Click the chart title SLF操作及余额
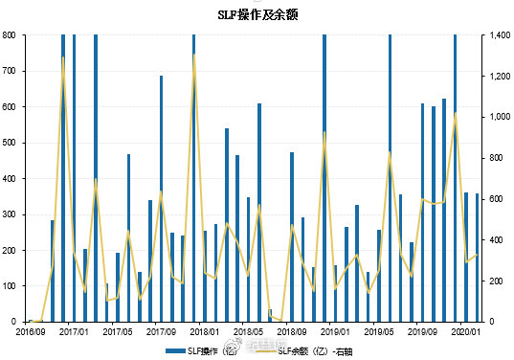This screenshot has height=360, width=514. (x=257, y=14)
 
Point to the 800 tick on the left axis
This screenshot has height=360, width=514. (x=9, y=35)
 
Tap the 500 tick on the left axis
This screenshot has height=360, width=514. (x=9, y=143)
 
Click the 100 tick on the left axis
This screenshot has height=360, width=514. (x=9, y=286)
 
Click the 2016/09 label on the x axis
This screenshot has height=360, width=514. (x=31, y=331)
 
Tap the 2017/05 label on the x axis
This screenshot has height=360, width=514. (x=118, y=331)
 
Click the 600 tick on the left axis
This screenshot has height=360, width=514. (x=9, y=107)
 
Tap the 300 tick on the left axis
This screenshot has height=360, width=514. (x=9, y=214)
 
